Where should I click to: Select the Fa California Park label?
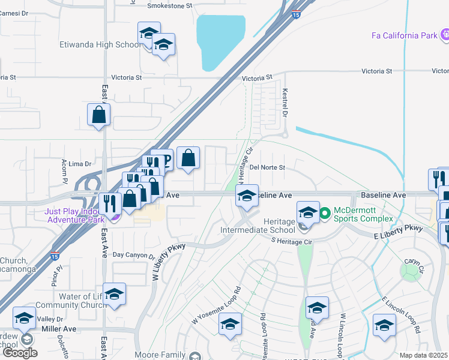405,35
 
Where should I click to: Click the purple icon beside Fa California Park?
445,35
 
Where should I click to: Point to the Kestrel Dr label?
285,103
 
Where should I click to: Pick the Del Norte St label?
267,167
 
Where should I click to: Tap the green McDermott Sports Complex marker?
325,212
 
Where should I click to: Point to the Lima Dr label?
80,163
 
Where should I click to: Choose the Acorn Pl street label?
62,172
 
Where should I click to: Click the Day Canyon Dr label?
130,255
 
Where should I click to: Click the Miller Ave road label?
59,329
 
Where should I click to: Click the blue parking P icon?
166,160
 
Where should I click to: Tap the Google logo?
20,353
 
